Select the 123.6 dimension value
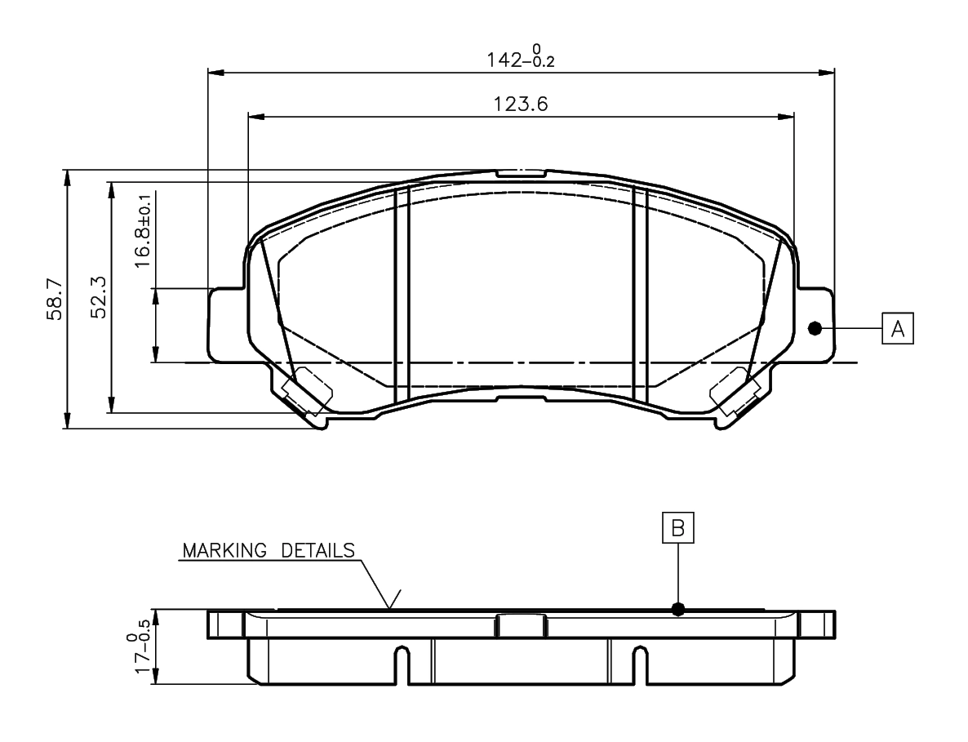[x=521, y=104]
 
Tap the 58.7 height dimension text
[x=55, y=300]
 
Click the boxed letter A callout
[x=898, y=328]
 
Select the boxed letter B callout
[x=678, y=528]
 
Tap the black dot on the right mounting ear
[x=815, y=328]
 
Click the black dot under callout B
[x=678, y=609]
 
